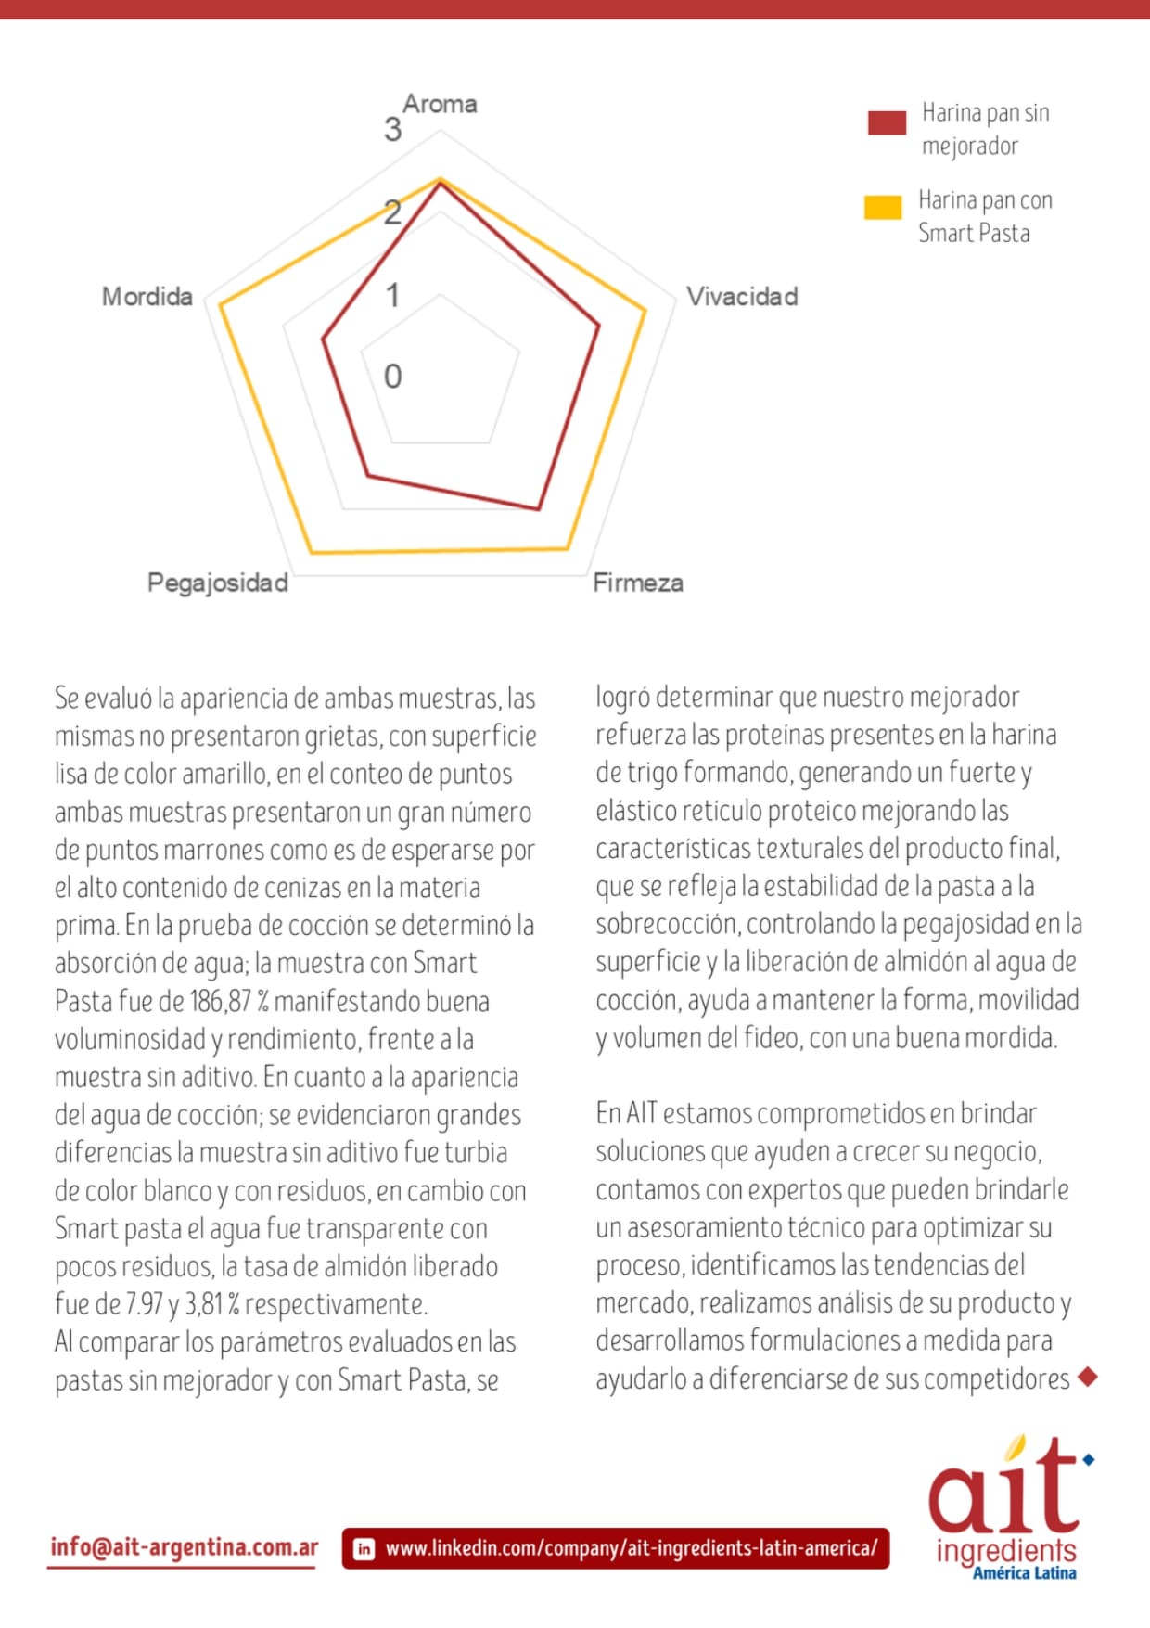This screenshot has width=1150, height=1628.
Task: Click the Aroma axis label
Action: point(440,104)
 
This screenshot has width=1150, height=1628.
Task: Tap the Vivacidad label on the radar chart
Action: point(742,297)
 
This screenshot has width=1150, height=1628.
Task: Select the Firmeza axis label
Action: point(638,583)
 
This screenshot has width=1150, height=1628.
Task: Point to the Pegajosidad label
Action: point(218,583)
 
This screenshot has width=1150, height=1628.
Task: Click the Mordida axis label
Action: point(147,297)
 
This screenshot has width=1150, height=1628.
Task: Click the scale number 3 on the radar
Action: point(392,130)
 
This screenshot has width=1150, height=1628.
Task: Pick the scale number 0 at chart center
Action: point(392,377)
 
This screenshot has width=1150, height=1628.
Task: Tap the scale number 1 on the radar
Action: point(392,296)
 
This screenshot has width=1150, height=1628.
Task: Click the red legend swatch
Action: point(887,122)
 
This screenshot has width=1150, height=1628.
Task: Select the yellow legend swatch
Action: point(883,207)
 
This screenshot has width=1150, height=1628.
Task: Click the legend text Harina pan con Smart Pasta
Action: point(984,216)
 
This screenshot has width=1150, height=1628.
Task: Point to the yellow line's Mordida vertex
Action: point(219,304)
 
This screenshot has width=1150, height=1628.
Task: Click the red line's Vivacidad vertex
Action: point(599,325)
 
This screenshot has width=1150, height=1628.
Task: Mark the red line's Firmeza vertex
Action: point(538,509)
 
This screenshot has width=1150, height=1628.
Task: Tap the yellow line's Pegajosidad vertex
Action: point(311,553)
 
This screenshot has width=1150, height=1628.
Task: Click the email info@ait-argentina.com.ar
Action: point(184,1547)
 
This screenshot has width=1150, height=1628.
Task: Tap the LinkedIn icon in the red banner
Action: point(364,1548)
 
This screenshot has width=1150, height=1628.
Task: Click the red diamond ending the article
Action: point(1089,1378)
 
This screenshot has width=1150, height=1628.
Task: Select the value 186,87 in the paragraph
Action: point(221,1002)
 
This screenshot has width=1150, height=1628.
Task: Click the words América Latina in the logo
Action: point(1024,1573)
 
